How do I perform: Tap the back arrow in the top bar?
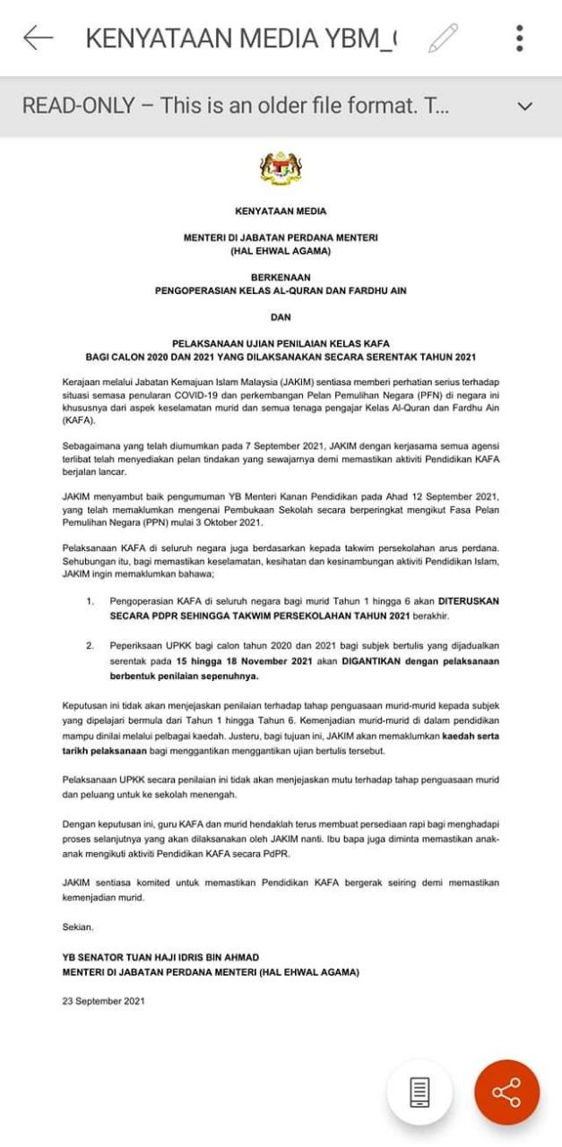(x=38, y=38)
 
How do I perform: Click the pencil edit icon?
(x=443, y=38)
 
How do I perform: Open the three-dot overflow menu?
(x=520, y=38)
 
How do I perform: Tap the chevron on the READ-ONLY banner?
(x=525, y=106)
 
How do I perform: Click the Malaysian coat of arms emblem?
(x=281, y=168)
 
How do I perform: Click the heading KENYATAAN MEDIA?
(x=281, y=212)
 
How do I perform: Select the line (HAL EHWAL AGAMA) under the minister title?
(x=281, y=251)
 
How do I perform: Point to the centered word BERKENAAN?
(x=281, y=278)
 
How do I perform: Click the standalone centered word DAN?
(x=281, y=316)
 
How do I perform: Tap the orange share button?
(x=506, y=1091)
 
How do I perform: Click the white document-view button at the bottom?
(x=419, y=1091)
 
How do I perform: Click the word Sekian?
(x=78, y=927)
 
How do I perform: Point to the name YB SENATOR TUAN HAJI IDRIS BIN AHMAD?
(x=160, y=957)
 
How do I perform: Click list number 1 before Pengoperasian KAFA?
(x=91, y=600)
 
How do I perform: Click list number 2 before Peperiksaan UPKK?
(x=91, y=645)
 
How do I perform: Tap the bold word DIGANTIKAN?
(x=359, y=661)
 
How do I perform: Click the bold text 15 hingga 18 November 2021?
(x=239, y=661)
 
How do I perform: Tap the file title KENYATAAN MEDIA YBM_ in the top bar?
(x=242, y=38)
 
